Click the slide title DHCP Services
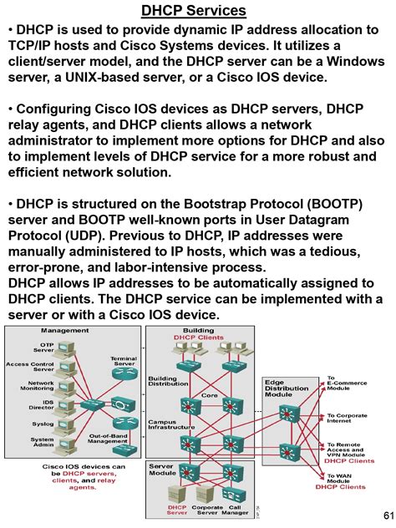click(193, 11)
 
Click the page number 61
click(387, 513)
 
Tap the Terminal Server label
click(124, 362)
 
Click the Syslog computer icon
click(72, 424)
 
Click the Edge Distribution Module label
click(287, 388)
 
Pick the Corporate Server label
click(207, 510)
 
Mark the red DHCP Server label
click(176, 510)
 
